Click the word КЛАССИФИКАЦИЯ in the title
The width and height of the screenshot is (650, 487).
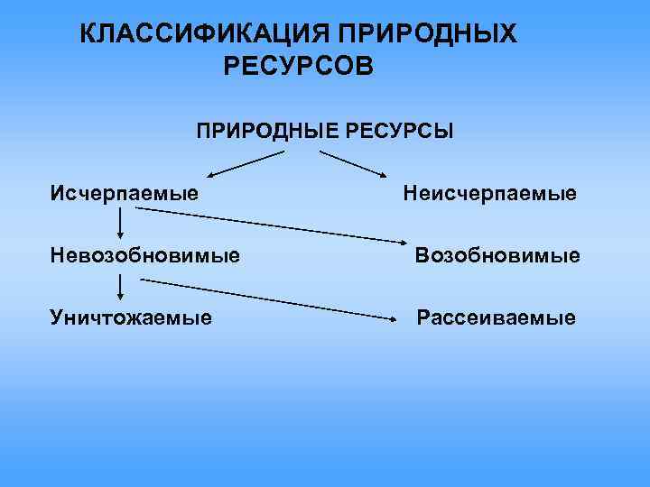204,34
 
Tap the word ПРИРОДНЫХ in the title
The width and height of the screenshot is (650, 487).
429,34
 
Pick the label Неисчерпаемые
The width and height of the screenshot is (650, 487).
490,194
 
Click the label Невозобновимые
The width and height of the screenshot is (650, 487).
145,256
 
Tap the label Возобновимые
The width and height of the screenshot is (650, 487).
497,256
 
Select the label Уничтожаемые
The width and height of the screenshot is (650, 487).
132,317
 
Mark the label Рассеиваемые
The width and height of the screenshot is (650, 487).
495,317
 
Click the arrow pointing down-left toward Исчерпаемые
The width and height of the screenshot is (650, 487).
246,162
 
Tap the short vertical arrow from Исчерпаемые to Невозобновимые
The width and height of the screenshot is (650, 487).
120,225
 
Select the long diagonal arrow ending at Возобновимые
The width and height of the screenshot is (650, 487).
271,225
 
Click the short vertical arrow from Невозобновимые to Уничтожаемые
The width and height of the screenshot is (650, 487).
120,288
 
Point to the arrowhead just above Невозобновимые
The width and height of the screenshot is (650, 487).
120,237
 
